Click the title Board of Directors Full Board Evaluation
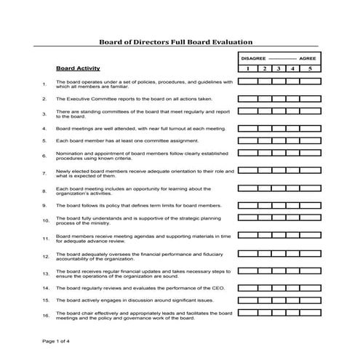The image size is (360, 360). pyautogui.click(x=175, y=43)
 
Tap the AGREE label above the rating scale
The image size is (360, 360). pyautogui.click(x=308, y=57)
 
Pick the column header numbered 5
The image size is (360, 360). pyautogui.click(x=310, y=68)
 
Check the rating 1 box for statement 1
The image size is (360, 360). pyautogui.click(x=246, y=83)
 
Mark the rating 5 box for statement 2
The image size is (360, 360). pyautogui.click(x=310, y=97)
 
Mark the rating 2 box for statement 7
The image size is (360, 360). pyautogui.click(x=262, y=173)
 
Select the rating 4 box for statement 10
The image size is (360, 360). pyautogui.click(x=294, y=220)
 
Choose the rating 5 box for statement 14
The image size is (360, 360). pyautogui.click(x=310, y=288)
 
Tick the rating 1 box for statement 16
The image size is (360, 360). pyautogui.click(x=246, y=315)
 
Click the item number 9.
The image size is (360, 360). pyautogui.click(x=44, y=206)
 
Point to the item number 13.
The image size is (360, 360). pyautogui.click(x=45, y=273)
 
